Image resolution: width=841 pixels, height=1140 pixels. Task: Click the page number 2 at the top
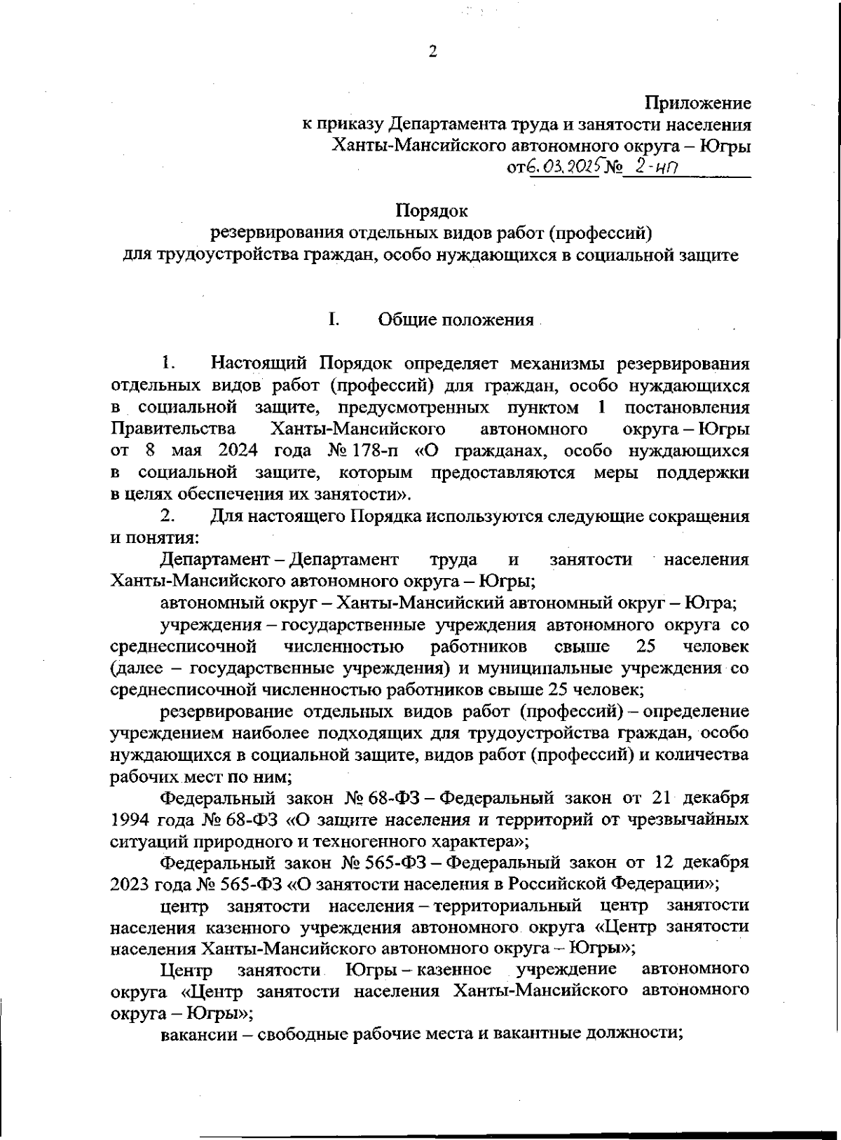(x=432, y=52)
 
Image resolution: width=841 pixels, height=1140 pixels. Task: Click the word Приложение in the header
(x=698, y=104)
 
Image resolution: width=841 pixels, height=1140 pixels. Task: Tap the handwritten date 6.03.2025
(x=561, y=168)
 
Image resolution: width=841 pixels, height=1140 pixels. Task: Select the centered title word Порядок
(x=432, y=210)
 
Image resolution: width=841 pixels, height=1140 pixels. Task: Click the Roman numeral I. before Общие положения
(x=333, y=320)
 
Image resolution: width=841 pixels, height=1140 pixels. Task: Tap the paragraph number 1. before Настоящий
(x=167, y=364)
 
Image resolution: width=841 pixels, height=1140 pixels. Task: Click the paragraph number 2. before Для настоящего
(x=167, y=516)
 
